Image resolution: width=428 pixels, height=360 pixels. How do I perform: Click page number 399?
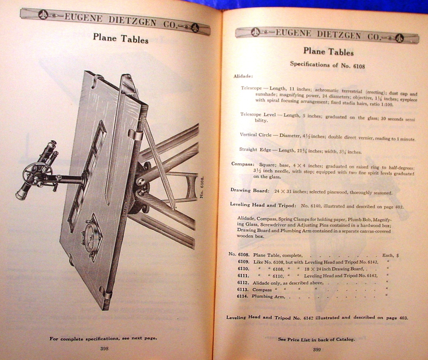pyautogui.click(x=317, y=350)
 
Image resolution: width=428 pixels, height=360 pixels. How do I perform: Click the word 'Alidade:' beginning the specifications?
pyautogui.click(x=243, y=76)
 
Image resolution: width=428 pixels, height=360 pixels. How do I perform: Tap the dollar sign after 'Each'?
pyautogui.click(x=397, y=256)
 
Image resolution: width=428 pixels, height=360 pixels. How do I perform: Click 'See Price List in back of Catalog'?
pyautogui.click(x=316, y=340)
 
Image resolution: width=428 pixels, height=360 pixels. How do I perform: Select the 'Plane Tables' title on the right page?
pyautogui.click(x=328, y=51)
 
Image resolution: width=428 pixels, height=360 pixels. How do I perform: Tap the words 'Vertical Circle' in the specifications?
pyautogui.click(x=253, y=135)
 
